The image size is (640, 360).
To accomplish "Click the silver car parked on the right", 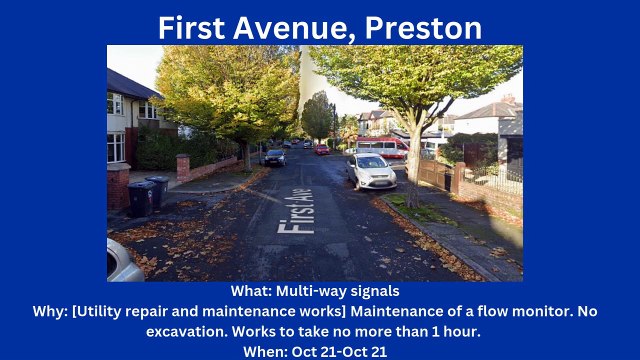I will [370, 171].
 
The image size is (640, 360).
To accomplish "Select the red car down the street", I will [322, 150].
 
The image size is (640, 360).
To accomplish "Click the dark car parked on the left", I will [274, 157].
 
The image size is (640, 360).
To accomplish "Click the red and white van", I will [385, 146].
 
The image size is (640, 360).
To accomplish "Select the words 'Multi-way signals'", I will [335, 291].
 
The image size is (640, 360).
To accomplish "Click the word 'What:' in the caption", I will [250, 291].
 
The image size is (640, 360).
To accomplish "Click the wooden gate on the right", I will [434, 174].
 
